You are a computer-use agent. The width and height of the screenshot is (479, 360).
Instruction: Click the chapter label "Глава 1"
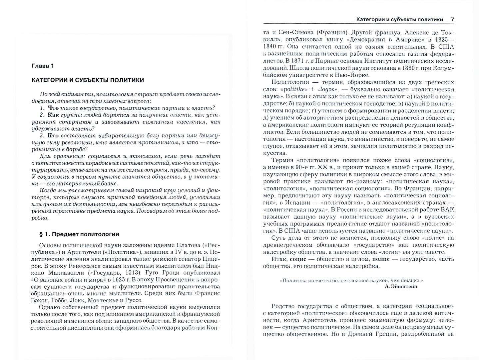tap(43, 66)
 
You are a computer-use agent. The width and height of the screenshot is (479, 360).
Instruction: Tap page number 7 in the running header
tap(452, 19)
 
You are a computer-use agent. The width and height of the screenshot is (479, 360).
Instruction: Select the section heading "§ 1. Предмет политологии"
tap(79, 234)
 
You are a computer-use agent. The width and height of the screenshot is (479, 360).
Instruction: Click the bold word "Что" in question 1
tap(53, 108)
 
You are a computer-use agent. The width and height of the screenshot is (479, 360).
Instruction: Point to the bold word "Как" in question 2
tap(53, 115)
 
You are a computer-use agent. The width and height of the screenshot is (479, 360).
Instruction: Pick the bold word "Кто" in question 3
tap(53, 135)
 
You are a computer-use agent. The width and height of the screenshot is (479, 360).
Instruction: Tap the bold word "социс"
tap(298, 259)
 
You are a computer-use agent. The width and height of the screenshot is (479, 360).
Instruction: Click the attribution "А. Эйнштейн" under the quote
tap(400, 286)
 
